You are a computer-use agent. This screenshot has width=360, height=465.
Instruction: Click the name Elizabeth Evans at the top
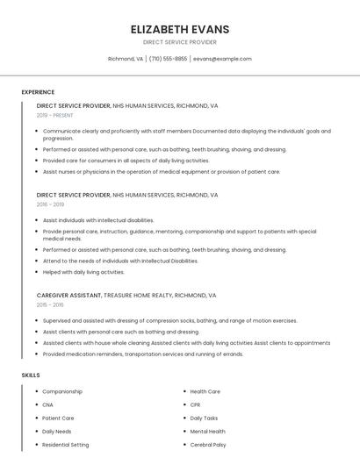(179, 29)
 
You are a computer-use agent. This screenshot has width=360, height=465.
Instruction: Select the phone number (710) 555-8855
(168, 59)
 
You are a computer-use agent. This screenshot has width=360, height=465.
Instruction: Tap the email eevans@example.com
(222, 59)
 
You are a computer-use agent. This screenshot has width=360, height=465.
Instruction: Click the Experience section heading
(38, 92)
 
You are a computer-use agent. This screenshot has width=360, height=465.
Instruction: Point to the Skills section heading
(31, 375)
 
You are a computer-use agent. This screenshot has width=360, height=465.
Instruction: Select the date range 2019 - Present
(54, 115)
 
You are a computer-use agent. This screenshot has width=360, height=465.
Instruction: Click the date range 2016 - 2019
(50, 204)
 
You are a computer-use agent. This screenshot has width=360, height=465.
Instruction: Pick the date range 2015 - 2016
(50, 305)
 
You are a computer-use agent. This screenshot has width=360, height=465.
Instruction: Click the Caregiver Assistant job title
(69, 296)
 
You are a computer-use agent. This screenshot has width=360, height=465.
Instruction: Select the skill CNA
(47, 404)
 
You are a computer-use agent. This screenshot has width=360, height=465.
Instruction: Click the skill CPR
(195, 404)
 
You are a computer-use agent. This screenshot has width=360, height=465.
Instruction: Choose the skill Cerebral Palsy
(207, 445)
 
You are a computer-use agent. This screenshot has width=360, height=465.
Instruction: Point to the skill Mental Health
(207, 432)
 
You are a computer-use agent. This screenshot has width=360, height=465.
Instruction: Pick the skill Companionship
(62, 391)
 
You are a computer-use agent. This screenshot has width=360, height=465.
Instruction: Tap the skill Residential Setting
(66, 445)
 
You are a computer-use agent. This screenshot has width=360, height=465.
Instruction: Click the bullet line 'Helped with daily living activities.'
(83, 272)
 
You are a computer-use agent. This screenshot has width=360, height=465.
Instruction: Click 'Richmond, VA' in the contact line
(125, 59)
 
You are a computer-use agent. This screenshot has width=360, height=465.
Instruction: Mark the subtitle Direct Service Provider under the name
(179, 42)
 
